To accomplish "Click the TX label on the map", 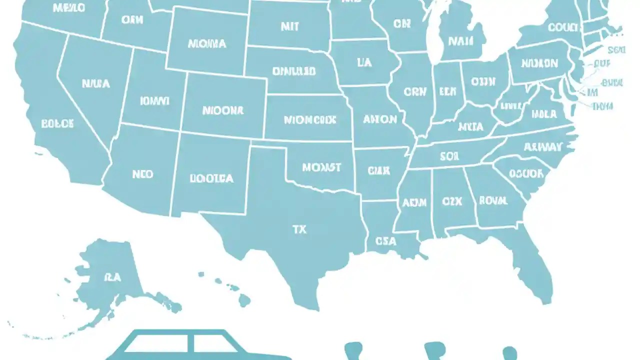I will coord(299,229).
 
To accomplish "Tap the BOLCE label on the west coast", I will coord(57,123).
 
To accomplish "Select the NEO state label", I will coord(142,174).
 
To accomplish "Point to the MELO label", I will coord(69,7).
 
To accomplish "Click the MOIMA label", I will coord(207,44).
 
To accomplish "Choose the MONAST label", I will coord(321,167).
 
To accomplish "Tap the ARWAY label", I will coord(543,147).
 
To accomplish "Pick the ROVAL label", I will coord(493,200).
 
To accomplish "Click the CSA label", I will coord(385,241).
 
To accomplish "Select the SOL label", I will coord(449,156).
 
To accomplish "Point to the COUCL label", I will coord(563,27).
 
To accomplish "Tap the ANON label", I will coord(380,119).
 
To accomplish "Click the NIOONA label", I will coord(222,110).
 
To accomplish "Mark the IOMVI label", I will coord(154,101).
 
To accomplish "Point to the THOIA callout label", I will coord(602,106).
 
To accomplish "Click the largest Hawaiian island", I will coord(244,300).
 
